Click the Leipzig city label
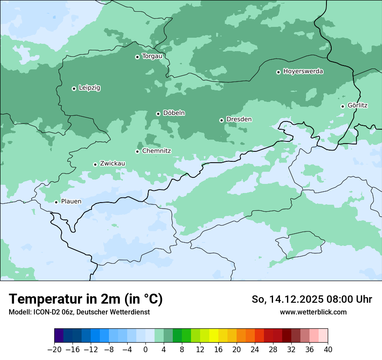click(89, 88)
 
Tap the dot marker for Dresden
click(221, 120)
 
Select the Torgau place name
click(152, 56)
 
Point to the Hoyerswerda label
click(303, 71)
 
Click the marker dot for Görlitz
click(342, 106)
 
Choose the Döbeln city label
click(174, 113)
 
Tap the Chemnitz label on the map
click(156, 151)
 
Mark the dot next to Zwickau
click(95, 164)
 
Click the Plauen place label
click(71, 201)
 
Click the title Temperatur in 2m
click(86, 299)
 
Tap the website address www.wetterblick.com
click(313, 312)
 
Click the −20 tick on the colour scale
click(54, 349)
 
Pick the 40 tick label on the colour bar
click(328, 349)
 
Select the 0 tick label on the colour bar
click(145, 349)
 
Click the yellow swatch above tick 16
click(214, 336)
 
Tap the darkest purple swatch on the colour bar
click(59, 336)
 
